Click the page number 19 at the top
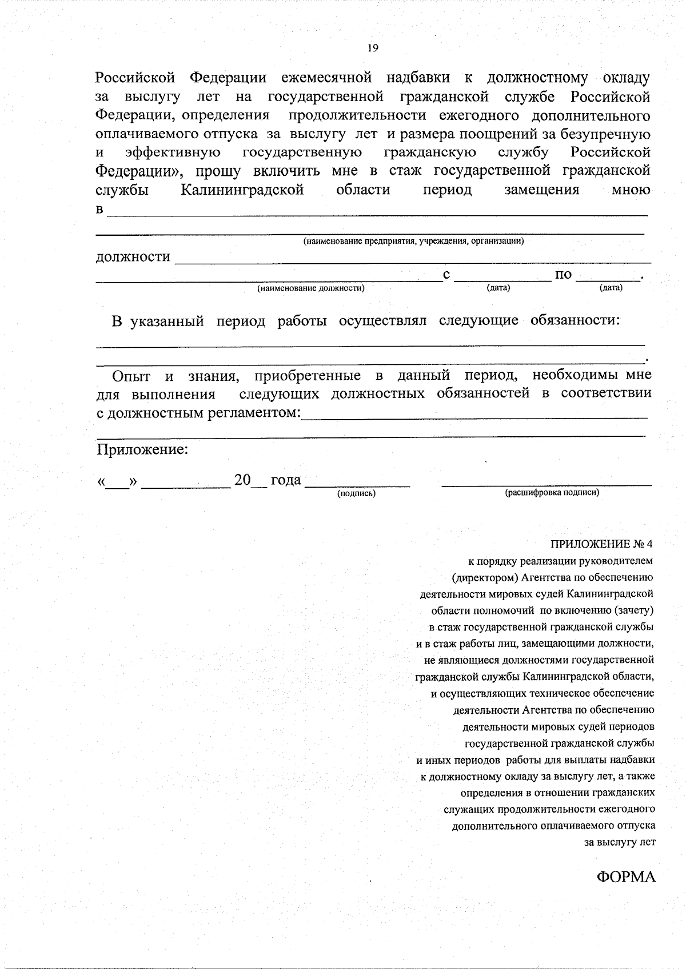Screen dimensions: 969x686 [372, 48]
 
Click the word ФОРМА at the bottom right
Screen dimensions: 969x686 [626, 877]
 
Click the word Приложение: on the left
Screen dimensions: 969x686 [142, 449]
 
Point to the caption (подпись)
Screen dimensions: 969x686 [356, 493]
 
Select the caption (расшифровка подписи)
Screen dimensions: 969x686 [552, 492]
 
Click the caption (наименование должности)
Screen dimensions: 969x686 [311, 288]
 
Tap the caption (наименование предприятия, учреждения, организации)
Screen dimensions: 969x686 [413, 241]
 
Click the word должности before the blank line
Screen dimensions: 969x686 [133, 257]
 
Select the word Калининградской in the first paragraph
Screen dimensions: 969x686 [242, 190]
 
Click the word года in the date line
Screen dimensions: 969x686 [286, 480]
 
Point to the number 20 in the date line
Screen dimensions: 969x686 [242, 480]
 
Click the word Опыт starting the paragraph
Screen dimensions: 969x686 [131, 376]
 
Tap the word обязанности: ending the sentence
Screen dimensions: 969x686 [575, 320]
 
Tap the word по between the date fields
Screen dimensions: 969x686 [563, 275]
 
